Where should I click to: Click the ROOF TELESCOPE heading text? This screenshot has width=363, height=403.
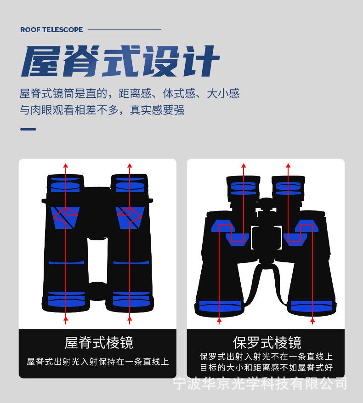click(x=51, y=30)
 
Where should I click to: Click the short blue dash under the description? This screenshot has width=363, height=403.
click(x=28, y=129)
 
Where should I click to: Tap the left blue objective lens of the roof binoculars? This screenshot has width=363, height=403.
click(x=67, y=299)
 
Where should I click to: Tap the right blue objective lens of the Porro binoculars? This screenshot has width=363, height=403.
click(x=312, y=306)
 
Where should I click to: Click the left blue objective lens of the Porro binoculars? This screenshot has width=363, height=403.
click(x=220, y=306)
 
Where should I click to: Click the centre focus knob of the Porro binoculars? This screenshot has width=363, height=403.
click(x=265, y=204)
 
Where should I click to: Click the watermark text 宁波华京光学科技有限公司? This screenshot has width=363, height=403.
click(x=260, y=383)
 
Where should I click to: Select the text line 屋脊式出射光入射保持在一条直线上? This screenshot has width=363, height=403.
click(x=98, y=362)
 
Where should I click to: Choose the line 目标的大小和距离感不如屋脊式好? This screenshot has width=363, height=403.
click(x=266, y=368)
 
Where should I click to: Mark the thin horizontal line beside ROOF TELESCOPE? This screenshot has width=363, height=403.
click(x=124, y=30)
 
